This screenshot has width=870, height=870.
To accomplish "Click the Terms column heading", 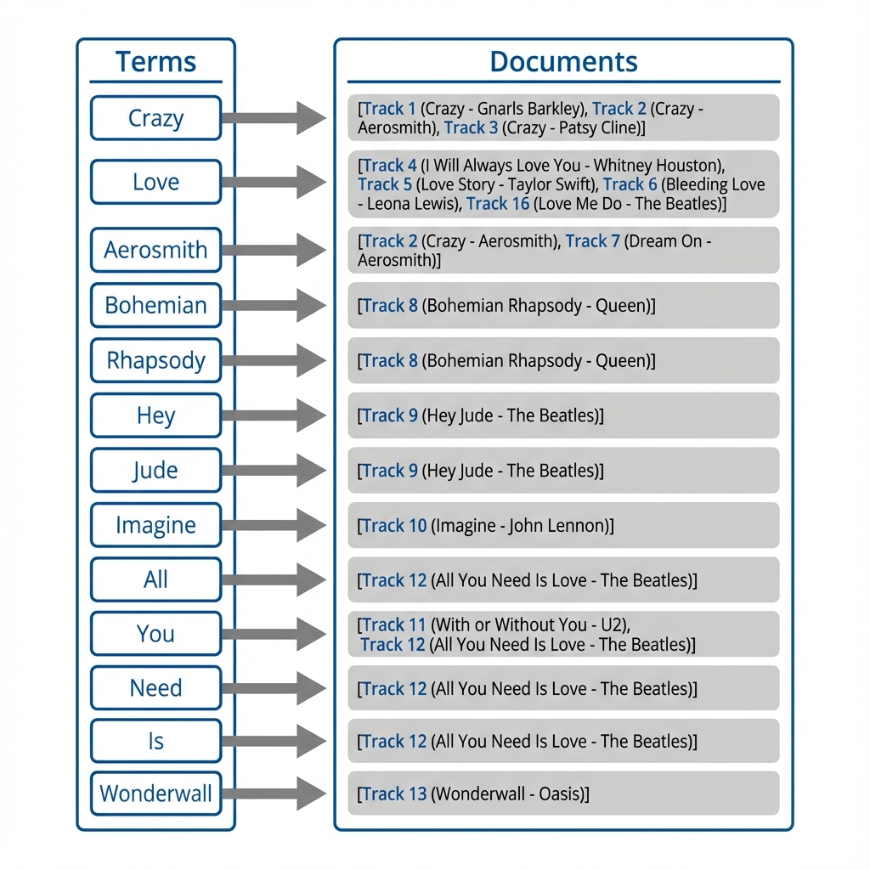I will point(155,62).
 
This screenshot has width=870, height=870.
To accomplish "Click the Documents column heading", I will point(563,62).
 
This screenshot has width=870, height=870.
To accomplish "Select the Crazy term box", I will point(155,118).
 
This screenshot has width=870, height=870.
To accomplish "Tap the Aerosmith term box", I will point(155,250).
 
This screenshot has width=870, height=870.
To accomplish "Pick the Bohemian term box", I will point(155,305).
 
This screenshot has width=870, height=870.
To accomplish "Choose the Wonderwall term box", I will point(155,794).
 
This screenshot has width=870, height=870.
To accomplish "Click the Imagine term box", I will point(155,525).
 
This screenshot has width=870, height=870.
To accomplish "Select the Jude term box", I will point(155,470).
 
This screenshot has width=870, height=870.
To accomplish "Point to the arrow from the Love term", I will point(274,182).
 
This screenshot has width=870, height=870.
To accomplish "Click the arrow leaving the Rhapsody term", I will point(274,360).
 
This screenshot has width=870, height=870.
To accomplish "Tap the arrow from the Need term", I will point(274,687).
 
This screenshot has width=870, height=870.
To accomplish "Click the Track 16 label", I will point(498,204).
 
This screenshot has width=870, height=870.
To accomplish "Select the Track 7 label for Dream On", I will point(593,241).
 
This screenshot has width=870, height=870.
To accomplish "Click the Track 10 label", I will point(394,526).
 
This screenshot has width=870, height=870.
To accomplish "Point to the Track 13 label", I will point(394,794).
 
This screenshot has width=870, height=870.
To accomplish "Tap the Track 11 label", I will point(394,625).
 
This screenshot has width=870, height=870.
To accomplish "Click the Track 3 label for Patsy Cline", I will point(471,128).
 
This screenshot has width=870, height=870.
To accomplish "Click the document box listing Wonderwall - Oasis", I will point(563,794).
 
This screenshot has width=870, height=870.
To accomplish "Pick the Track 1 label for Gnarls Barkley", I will point(389,109).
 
